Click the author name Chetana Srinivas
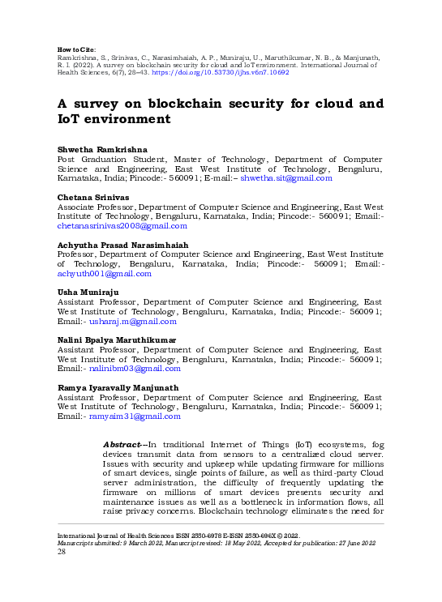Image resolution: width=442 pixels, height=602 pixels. (x=92, y=198)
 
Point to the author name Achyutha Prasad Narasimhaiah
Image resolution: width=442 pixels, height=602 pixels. (x=122, y=245)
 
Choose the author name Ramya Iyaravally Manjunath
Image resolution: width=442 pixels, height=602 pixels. (x=118, y=387)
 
